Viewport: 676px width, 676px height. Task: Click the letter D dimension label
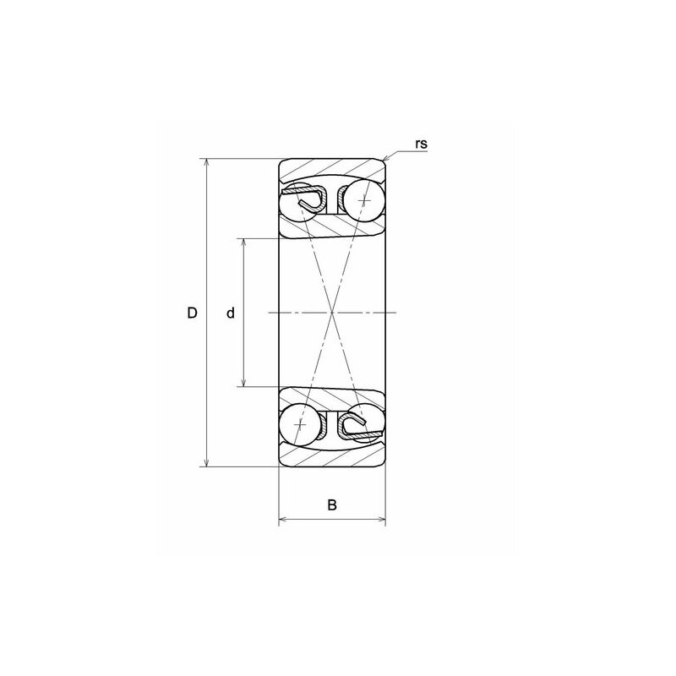point(192,313)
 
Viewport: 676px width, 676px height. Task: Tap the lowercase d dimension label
point(230,313)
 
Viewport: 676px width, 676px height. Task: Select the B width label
point(332,505)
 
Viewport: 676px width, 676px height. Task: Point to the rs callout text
point(422,144)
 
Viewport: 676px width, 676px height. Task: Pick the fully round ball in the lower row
point(302,425)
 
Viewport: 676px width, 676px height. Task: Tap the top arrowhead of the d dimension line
point(244,243)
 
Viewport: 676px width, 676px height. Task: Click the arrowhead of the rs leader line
point(386,158)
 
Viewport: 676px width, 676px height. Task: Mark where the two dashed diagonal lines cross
point(333,313)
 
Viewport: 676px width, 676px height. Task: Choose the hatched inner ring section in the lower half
point(333,398)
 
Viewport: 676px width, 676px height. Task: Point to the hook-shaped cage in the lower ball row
point(356,424)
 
